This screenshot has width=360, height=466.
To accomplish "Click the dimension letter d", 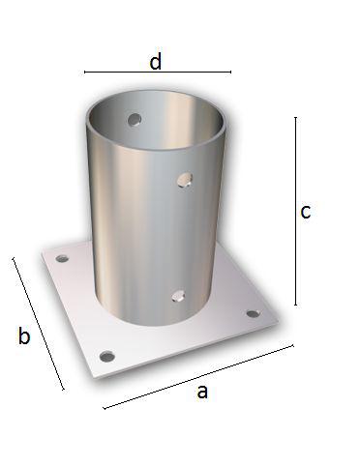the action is pyautogui.click(x=156, y=62).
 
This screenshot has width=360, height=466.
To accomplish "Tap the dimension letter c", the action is pyautogui.click(x=306, y=212).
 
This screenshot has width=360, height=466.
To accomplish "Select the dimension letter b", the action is pyautogui.click(x=24, y=335).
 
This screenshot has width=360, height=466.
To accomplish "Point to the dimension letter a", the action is pyautogui.click(x=202, y=392).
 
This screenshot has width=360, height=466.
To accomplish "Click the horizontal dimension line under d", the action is pyautogui.click(x=158, y=72).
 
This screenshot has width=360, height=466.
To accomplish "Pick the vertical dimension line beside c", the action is pyautogui.click(x=295, y=211).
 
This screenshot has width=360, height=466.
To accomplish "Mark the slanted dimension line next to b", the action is pyautogui.click(x=38, y=323).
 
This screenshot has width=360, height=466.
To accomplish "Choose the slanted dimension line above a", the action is pyautogui.click(x=198, y=377).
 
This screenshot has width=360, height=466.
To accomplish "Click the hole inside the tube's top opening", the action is pyautogui.click(x=135, y=120).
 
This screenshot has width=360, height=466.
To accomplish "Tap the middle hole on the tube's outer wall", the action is pyautogui.click(x=185, y=180).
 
